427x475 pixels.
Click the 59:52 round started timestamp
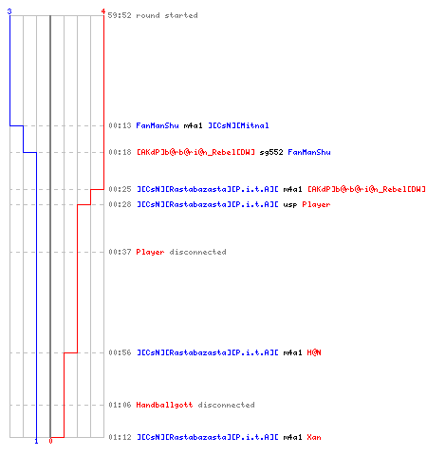(120, 15)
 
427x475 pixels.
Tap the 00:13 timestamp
(120, 125)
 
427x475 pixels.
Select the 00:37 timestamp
(120, 252)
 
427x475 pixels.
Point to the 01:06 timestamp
(120, 405)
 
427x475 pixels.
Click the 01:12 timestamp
(120, 437)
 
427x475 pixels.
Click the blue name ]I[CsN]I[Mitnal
(238, 125)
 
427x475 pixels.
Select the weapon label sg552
(271, 153)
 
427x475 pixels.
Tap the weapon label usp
(290, 205)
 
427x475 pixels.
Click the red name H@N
(314, 352)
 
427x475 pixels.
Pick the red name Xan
(314, 437)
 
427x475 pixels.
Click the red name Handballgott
(164, 405)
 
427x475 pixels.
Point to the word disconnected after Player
(197, 252)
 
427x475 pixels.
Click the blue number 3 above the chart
(9, 11)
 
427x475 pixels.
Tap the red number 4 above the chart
(103, 11)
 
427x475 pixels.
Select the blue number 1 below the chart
(36, 441)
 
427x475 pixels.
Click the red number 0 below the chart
(50, 441)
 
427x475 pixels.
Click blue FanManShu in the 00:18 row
(309, 152)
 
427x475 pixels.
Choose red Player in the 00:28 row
(316, 205)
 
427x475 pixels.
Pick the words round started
(167, 15)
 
